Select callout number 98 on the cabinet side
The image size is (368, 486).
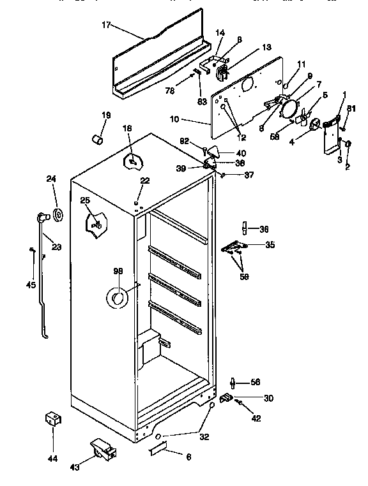118,272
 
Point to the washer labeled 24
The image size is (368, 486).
57,215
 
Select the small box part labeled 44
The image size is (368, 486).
52,420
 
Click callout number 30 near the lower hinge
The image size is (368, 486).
268,398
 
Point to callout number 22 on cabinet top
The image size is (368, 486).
145,181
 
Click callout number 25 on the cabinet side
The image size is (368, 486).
84,201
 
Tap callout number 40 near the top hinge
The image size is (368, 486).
241,153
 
